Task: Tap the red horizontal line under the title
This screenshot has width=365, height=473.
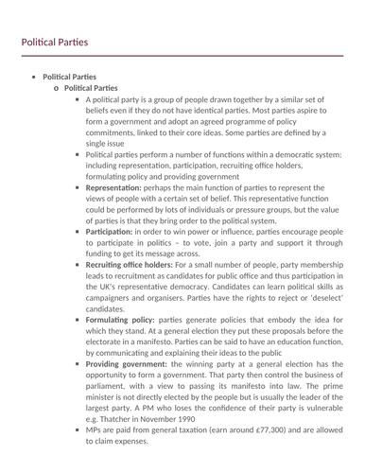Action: click(x=182, y=56)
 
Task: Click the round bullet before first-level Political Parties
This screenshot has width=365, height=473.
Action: click(x=34, y=76)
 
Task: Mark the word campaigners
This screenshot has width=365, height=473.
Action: click(x=115, y=297)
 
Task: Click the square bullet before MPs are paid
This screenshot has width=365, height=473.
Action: click(x=76, y=430)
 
